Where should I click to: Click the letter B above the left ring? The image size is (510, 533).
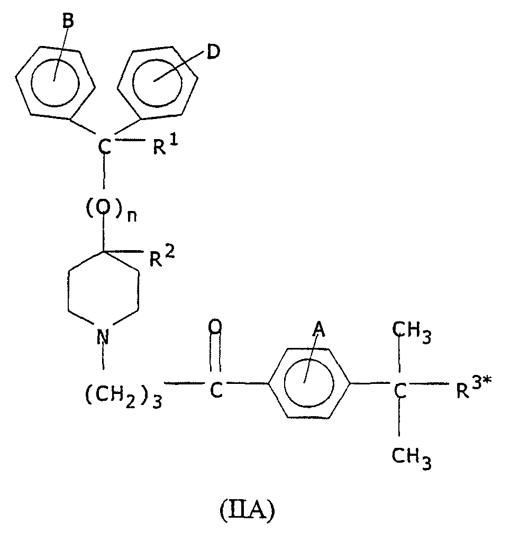68,21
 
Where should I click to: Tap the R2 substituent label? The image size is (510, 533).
162,256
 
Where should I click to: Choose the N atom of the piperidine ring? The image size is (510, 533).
103,336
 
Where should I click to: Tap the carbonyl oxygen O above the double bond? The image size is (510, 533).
215,327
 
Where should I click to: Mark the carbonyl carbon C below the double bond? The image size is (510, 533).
216,390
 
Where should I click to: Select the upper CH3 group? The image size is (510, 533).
412,333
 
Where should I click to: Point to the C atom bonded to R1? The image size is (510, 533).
105,147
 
